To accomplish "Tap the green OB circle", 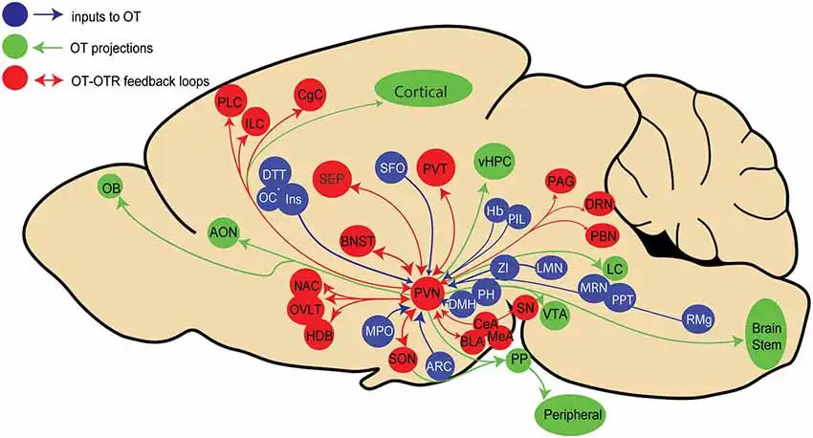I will pyautogui.click(x=112, y=189).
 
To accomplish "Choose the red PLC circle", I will pyautogui.click(x=231, y=102).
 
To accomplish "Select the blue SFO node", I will pyautogui.click(x=393, y=167).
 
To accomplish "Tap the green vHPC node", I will pyautogui.click(x=494, y=163).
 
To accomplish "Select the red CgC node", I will pyautogui.click(x=310, y=96).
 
